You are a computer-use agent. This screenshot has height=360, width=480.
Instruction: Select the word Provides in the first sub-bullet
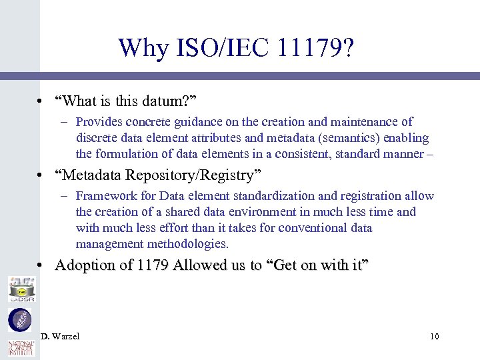(99, 122)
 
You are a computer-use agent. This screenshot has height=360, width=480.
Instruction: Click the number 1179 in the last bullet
(153, 265)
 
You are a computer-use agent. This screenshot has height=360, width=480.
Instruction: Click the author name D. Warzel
(60, 336)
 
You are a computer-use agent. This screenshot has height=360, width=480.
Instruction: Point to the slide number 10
(434, 336)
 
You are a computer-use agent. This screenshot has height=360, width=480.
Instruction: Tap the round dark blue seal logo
(19, 320)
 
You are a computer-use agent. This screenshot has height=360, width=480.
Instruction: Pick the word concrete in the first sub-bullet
(143, 122)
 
